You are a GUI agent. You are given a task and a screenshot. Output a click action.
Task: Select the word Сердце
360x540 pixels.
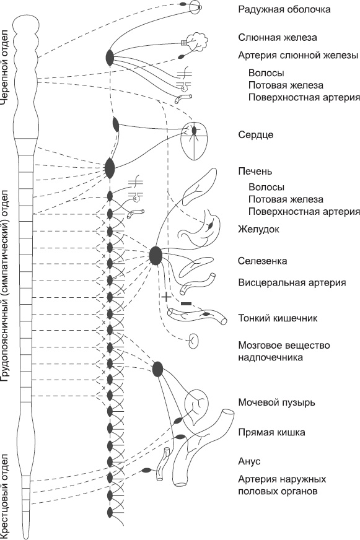(x=255, y=134)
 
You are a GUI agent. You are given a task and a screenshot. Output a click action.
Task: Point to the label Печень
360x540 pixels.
(x=255, y=172)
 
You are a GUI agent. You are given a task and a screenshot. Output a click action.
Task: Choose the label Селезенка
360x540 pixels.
(x=262, y=261)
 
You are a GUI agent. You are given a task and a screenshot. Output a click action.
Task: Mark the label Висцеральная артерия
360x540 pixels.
(x=292, y=283)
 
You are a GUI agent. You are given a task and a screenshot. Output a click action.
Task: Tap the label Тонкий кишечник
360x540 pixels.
(x=278, y=318)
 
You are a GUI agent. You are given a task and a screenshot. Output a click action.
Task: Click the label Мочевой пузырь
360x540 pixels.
(x=276, y=403)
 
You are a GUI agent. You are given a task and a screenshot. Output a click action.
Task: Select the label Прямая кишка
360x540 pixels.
(x=271, y=432)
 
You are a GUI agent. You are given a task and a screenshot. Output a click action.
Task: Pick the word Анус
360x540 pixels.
(x=249, y=462)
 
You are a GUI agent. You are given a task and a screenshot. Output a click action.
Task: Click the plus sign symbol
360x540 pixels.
(x=165, y=297)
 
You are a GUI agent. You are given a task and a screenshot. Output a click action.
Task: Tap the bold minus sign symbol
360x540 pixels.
(x=187, y=303)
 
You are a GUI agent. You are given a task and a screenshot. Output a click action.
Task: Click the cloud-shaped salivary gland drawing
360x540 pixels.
(x=200, y=41)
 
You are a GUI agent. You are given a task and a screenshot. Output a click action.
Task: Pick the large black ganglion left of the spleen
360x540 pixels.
(x=156, y=255)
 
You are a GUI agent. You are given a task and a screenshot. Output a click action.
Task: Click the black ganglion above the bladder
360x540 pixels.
(x=158, y=368)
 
